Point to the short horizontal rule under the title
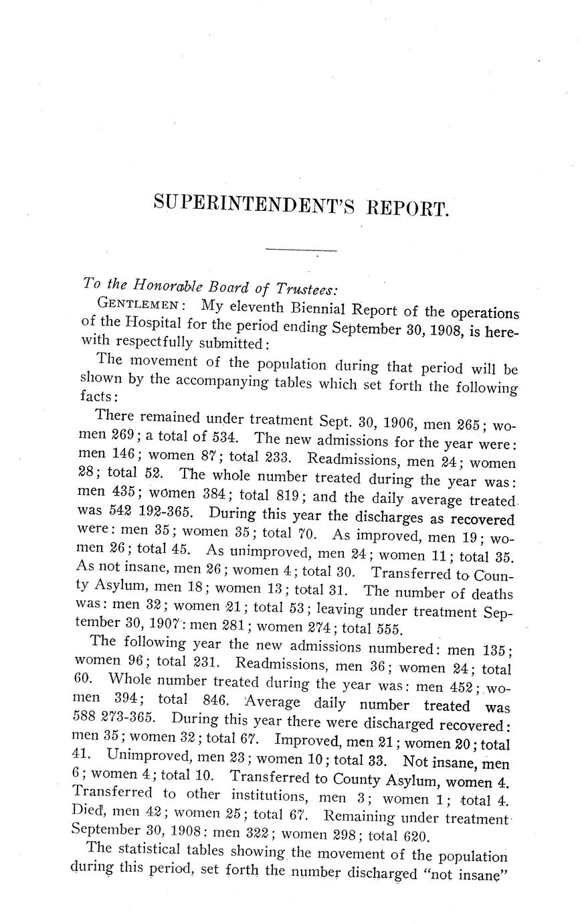(x=300, y=250)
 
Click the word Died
(x=86, y=814)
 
